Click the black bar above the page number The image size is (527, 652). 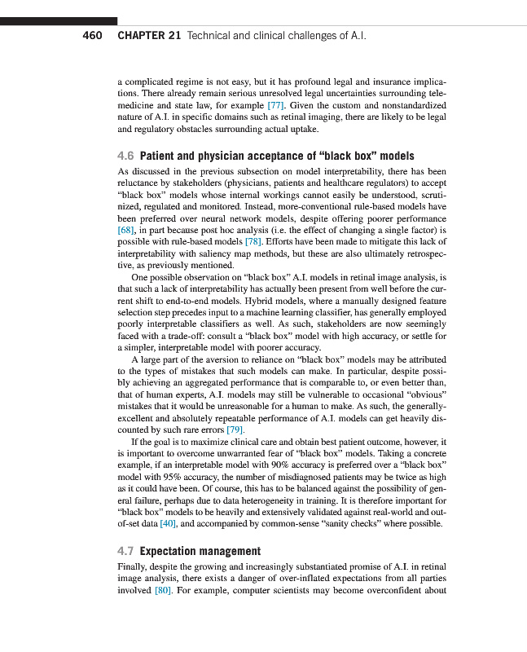click(59, 20)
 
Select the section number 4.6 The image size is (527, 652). click(126, 156)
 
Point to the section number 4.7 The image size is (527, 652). click(126, 551)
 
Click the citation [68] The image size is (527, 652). click(125, 231)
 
